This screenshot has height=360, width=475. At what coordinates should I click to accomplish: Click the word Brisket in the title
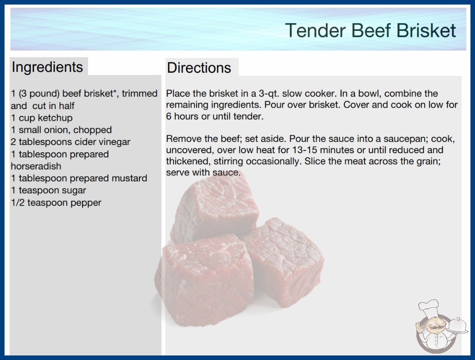point(426,30)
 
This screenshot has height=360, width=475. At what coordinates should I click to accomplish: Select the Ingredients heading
point(47,67)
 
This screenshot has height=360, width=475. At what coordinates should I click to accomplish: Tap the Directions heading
point(199,68)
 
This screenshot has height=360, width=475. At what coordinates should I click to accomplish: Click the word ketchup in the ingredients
point(55,118)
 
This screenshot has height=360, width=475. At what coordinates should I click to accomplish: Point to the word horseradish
point(36,166)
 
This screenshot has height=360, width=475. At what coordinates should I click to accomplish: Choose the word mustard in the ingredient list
point(129,178)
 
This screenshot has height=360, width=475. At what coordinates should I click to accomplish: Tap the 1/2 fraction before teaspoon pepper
point(18,202)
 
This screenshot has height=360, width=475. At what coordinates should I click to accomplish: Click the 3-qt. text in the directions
point(269,94)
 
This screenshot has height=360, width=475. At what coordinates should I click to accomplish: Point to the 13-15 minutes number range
point(306,150)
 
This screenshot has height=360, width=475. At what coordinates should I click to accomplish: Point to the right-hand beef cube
point(283,261)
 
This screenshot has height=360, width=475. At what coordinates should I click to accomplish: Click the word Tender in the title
point(315,30)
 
